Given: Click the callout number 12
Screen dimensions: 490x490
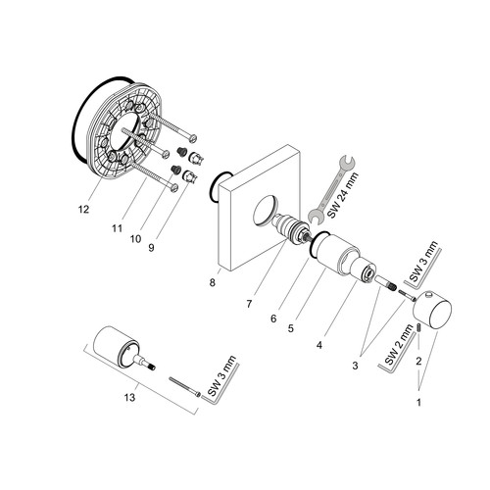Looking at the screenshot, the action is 83,210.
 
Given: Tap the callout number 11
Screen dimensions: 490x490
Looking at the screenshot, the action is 117,228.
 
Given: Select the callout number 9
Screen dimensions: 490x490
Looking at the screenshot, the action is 151,248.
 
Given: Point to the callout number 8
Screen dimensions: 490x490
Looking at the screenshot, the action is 213,282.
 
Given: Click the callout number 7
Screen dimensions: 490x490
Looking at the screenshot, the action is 249,304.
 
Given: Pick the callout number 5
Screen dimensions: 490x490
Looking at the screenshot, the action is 291,328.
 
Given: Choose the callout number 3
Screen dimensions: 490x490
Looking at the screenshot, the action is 355,366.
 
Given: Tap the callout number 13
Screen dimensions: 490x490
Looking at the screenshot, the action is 129,398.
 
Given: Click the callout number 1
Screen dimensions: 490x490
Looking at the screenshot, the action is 418,403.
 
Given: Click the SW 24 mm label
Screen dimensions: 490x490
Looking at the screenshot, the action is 343,195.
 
